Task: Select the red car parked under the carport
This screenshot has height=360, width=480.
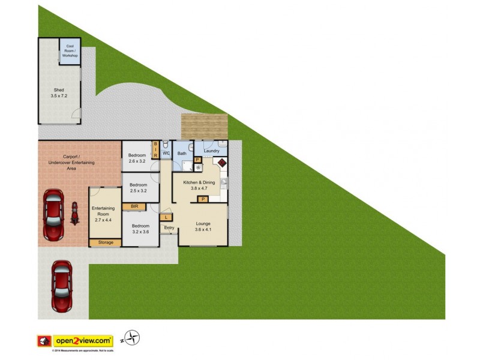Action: pos(53,215)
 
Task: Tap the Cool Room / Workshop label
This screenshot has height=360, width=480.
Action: pos(70,51)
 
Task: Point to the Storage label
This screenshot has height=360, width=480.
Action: pos(105,242)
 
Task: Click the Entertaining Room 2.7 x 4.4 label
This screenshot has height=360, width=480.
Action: pos(103,214)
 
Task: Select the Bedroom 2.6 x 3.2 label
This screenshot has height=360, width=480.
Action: pos(137,158)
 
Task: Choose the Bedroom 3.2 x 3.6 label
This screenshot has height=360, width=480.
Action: pos(141,229)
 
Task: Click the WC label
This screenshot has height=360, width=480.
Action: pos(166,154)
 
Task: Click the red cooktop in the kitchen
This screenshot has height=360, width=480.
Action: pos(221,163)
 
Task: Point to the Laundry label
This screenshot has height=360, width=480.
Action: pos(212,151)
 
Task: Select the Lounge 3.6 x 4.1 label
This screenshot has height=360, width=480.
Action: pos(203,226)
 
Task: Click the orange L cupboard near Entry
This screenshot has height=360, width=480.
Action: pos(166,217)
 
